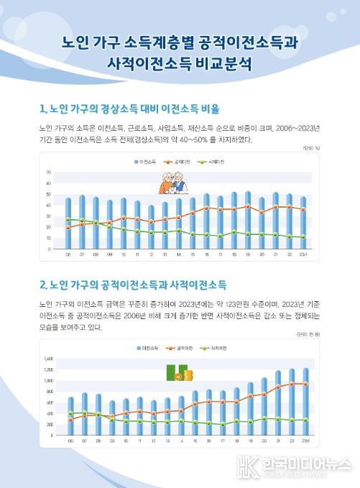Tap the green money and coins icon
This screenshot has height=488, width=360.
(177, 374)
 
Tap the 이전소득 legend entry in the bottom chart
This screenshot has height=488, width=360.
(148, 349)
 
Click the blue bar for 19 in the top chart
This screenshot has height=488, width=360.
(248, 220)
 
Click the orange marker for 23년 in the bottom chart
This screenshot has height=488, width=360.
(306, 384)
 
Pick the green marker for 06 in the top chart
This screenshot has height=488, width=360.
(68, 219)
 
